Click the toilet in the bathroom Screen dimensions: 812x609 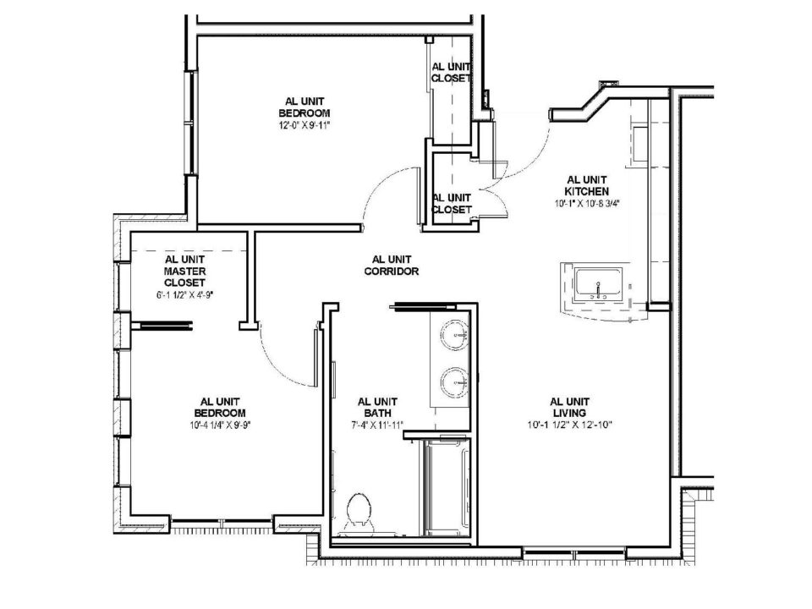click(359, 513)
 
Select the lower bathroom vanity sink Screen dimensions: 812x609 click(455, 382)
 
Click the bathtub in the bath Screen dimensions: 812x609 click(447, 487)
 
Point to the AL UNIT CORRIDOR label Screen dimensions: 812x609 click(391, 265)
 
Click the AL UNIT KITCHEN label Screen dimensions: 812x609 click(587, 185)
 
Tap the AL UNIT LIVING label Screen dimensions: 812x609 click(569, 407)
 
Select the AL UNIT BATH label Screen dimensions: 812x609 click(377, 407)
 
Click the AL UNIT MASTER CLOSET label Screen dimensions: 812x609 click(185, 271)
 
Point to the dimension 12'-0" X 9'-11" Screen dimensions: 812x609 click(304, 125)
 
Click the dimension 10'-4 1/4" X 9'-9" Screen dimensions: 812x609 click(220, 425)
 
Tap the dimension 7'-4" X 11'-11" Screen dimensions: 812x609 click(377, 425)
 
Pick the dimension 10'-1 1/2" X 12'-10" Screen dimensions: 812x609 click(569, 425)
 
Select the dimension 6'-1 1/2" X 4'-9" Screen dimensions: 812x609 click(185, 295)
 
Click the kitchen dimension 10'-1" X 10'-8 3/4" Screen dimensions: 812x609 click(587, 204)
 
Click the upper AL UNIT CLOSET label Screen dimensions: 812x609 click(451, 73)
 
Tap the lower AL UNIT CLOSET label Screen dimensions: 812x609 click(452, 204)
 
